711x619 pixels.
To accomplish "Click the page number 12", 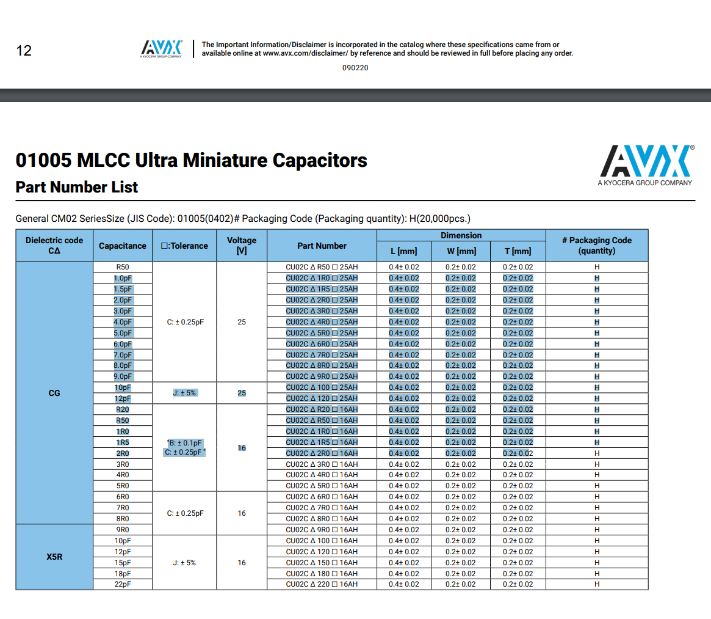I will pyautogui.click(x=24, y=51).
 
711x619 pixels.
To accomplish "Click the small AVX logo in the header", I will pyautogui.click(x=162, y=48).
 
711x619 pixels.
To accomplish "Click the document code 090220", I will pyautogui.click(x=355, y=68).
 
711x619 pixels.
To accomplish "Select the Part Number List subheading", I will pyautogui.click(x=77, y=187).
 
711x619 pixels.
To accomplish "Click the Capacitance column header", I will pyautogui.click(x=123, y=246).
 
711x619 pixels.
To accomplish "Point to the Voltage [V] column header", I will pyautogui.click(x=242, y=246).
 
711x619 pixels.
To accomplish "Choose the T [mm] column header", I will pyautogui.click(x=518, y=251).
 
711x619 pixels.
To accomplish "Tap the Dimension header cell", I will pyautogui.click(x=461, y=235).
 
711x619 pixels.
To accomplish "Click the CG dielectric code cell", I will pyautogui.click(x=54, y=393).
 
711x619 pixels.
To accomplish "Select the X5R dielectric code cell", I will pyautogui.click(x=54, y=557).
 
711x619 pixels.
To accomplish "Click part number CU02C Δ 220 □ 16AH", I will pyautogui.click(x=322, y=584).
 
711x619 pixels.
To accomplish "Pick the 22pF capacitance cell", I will pyautogui.click(x=123, y=584).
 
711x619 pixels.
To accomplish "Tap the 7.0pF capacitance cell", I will pyautogui.click(x=123, y=354).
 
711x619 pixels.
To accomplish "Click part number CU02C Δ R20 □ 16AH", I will pyautogui.click(x=322, y=409).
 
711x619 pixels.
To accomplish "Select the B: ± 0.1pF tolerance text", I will pyautogui.click(x=185, y=442).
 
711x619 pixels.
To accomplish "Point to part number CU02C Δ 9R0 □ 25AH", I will pyautogui.click(x=322, y=376).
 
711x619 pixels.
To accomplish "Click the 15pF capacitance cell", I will pyautogui.click(x=123, y=562).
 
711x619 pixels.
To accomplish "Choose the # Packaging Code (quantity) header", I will pyautogui.click(x=596, y=246).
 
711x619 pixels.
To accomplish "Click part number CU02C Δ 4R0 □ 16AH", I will pyautogui.click(x=322, y=475).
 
